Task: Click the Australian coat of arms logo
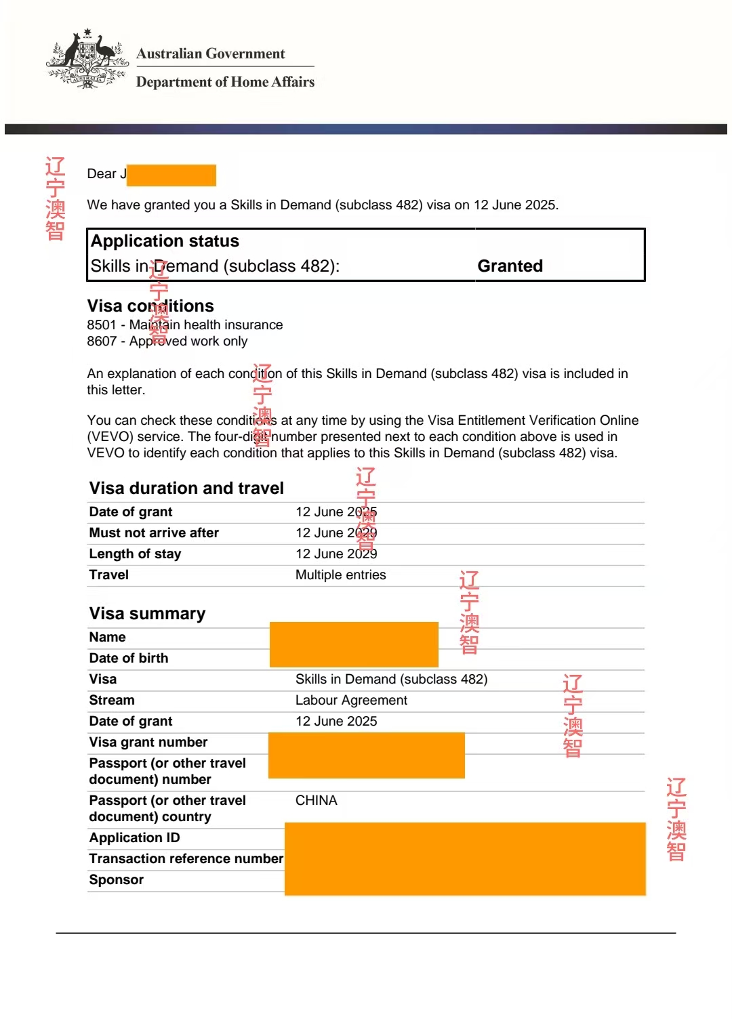tap(87, 59)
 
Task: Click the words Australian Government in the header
tap(211, 54)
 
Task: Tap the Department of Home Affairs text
tap(225, 82)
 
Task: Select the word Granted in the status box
tap(510, 266)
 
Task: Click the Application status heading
tap(165, 241)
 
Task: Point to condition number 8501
tap(101, 325)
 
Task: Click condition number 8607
tap(101, 341)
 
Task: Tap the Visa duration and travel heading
tap(186, 488)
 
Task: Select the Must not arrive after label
tap(154, 533)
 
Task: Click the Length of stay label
tap(135, 554)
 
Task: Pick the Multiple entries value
tap(340, 575)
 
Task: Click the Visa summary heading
tap(147, 614)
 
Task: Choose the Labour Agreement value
tap(351, 701)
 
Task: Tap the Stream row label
tap(112, 701)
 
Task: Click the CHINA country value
tap(316, 801)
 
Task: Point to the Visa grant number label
tap(148, 743)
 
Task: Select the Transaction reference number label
tap(186, 859)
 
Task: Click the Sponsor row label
tap(116, 880)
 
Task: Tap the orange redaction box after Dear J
tap(171, 175)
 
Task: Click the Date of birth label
tap(129, 659)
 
